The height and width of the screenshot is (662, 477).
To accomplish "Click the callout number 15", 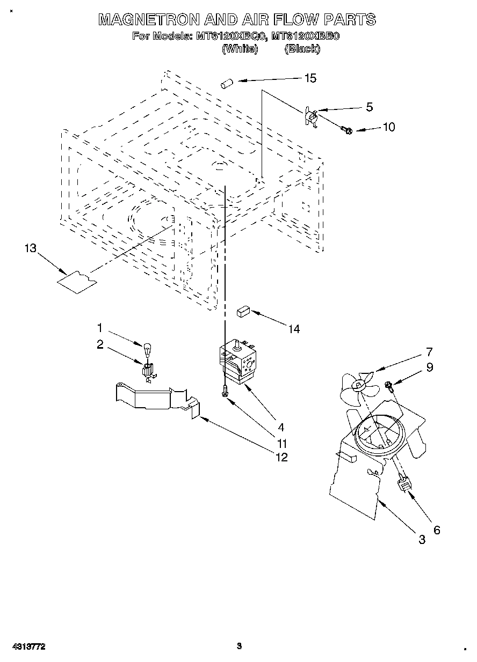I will click(x=310, y=78).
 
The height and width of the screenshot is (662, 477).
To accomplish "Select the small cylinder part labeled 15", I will click(x=226, y=83).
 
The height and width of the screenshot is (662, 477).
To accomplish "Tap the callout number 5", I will click(x=369, y=107).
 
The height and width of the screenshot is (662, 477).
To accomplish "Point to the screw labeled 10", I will click(x=345, y=129).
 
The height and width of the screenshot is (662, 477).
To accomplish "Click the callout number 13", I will click(x=31, y=248).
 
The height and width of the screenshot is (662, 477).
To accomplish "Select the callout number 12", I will click(x=281, y=457).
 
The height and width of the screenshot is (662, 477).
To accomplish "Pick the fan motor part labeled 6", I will click(x=404, y=484).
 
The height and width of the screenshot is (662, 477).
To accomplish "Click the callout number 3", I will click(x=422, y=539).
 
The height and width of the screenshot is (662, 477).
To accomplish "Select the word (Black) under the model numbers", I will click(x=302, y=49).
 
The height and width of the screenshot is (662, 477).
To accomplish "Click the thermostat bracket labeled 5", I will click(x=310, y=115).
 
